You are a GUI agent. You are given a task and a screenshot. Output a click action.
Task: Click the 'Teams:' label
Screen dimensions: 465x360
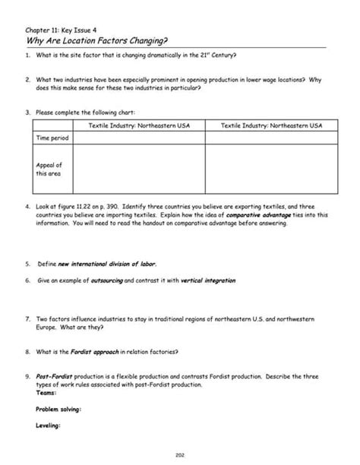coord(46,393)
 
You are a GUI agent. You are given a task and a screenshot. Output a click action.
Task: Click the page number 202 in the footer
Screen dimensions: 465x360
coord(180,454)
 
